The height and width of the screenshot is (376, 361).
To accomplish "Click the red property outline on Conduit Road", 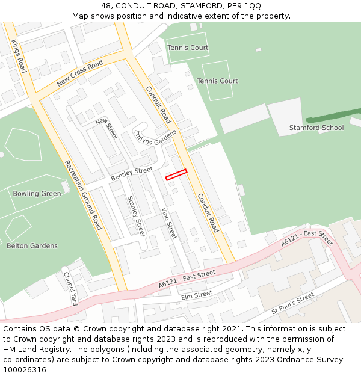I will (176, 174).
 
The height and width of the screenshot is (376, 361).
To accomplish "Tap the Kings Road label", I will (19, 56).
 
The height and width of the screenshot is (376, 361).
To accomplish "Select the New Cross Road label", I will (79, 74).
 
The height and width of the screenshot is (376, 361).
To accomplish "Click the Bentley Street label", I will (131, 174).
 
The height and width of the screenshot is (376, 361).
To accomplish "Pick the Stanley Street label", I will (136, 215).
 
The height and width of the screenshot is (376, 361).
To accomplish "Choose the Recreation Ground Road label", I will (83, 195).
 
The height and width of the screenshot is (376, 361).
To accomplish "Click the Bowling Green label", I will (37, 194).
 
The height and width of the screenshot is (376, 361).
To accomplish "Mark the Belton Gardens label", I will (32, 245).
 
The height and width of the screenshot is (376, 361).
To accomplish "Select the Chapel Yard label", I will (70, 288).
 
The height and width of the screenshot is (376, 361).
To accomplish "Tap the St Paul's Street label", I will (292, 303).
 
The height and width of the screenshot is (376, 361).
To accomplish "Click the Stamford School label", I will (316, 128).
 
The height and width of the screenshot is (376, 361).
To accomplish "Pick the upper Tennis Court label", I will (188, 48).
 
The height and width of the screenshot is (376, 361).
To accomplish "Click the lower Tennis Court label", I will (217, 81).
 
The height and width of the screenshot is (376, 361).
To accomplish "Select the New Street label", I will (106, 129).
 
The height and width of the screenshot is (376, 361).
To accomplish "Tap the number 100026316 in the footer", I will (23, 370).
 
